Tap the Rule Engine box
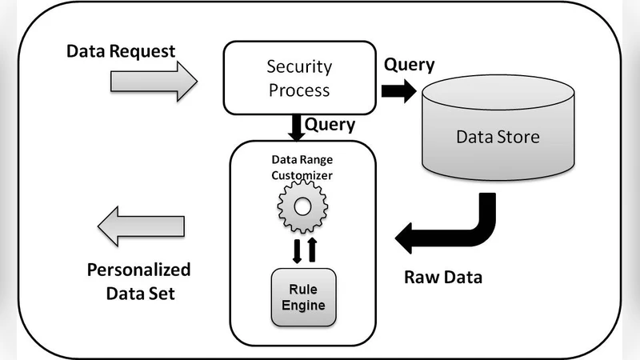coord(303,297)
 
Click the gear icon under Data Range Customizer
coord(302,206)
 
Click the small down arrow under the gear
coord(295,250)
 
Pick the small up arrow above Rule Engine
coord(312,250)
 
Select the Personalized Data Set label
coord(138,280)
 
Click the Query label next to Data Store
coord(410,64)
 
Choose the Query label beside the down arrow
coord(330,125)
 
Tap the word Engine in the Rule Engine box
coord(303,305)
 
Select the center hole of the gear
coord(302,206)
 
